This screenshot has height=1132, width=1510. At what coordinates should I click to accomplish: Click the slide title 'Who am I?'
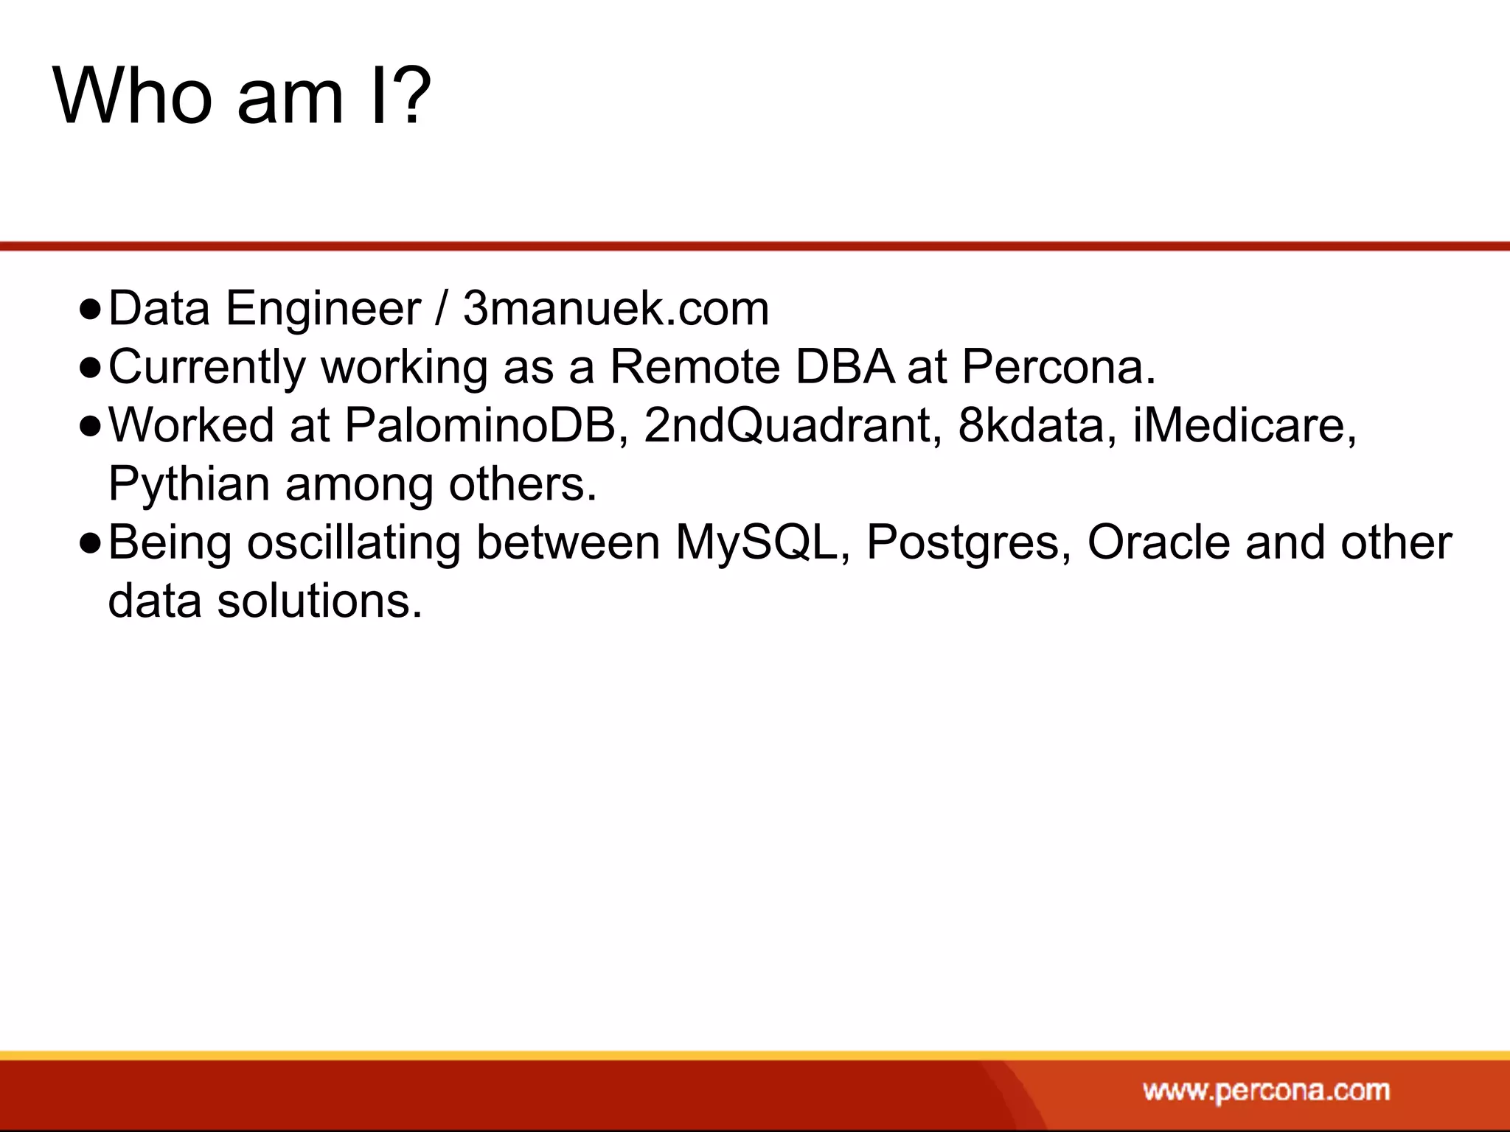242,96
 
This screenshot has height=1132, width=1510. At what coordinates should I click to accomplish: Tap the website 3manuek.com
616,308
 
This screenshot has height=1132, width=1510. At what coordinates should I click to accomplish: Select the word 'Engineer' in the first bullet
323,310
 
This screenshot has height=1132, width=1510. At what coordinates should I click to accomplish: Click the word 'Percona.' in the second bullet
1059,366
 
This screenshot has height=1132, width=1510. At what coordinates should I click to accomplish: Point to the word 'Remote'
695,366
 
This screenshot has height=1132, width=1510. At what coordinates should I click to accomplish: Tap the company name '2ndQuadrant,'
793,425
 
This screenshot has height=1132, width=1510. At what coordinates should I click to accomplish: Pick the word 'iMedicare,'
1245,425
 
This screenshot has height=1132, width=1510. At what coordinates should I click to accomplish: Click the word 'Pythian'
189,485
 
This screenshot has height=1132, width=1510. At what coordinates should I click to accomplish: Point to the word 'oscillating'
353,543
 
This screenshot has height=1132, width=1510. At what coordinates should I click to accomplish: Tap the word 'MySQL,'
762,543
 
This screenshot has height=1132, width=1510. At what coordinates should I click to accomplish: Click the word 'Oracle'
1158,543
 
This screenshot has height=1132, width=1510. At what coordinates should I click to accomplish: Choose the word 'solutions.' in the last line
319,601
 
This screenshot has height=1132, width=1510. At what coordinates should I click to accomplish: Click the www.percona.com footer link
1266,1091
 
